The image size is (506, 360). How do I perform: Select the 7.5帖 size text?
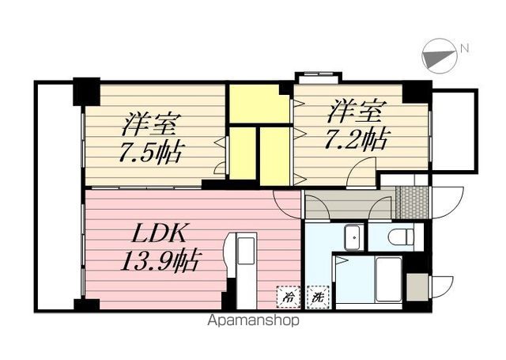pos(151,151)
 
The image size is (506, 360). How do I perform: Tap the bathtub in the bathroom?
pos(388,279)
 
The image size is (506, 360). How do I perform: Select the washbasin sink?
pos(353,236)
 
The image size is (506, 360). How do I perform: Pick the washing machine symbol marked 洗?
pos(318,299)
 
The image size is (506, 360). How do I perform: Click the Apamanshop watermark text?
pos(253,321)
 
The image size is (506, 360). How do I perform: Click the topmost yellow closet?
pos(258,103)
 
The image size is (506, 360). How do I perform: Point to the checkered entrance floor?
pos(410,202)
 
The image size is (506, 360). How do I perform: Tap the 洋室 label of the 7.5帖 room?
pos(151,124)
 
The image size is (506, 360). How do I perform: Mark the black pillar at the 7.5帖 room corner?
pos(86,91)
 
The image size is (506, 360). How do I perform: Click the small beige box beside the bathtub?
pos(417,286)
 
